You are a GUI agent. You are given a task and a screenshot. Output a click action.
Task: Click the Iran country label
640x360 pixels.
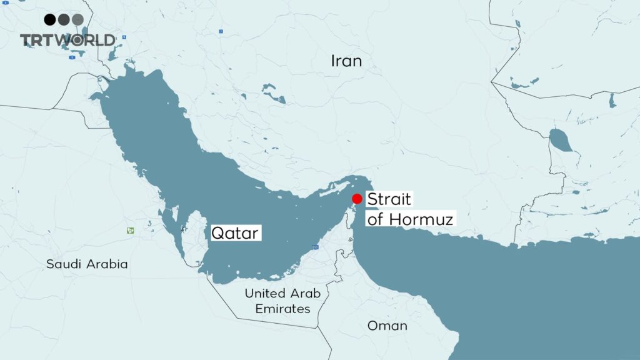(346, 61)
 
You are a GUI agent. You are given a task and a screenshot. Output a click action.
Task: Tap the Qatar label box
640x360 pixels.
(235, 234)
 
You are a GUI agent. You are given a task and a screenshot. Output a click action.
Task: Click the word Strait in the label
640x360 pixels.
(389, 200)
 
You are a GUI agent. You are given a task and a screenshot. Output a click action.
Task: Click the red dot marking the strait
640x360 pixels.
(357, 199)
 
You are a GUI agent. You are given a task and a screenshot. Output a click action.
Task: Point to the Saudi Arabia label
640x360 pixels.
(87, 264)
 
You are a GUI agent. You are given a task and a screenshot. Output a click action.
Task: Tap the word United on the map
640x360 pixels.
(262, 293)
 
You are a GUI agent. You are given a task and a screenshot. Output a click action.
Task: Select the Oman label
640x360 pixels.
(387, 326)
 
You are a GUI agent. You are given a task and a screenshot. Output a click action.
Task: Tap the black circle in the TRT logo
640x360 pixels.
(49, 19)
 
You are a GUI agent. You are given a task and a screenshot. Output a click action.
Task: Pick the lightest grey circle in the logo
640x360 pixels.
(77, 19)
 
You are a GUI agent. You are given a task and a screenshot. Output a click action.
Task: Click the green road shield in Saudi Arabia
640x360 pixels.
(130, 231)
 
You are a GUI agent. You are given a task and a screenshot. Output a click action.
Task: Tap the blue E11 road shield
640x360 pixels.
(315, 249)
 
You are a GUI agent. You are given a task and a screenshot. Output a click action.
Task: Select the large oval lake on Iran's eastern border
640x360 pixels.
(560, 141)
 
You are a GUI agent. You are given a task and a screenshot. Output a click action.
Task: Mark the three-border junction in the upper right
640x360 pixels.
(491, 82)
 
